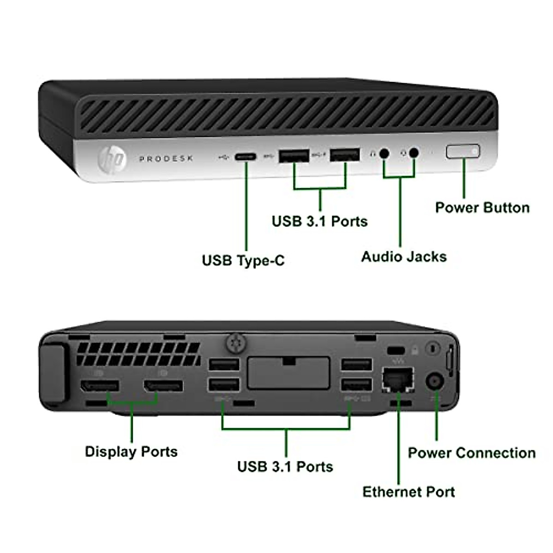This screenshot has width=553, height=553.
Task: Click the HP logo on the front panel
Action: coord(112,159)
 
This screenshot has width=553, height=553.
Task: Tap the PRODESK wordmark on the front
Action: coord(166,159)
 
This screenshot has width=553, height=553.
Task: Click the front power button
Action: coord(463,152)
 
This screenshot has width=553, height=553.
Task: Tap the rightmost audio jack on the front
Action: coord(414,153)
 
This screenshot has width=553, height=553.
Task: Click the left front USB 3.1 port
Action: coord(294,156)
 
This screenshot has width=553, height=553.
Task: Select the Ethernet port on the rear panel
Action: coord(398,380)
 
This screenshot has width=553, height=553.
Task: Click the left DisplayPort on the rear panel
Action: coord(100,386)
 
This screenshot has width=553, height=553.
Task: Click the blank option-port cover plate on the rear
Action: coord(288,373)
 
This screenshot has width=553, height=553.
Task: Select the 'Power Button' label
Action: coord(482,207)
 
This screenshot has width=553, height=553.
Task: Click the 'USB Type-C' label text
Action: coord(243,260)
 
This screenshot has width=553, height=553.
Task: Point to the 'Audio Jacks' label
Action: coord(404,257)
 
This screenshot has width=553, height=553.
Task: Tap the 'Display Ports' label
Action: coord(131,451)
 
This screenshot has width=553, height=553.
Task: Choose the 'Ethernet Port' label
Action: coord(408,492)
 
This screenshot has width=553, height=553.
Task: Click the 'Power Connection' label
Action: coord(471,453)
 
